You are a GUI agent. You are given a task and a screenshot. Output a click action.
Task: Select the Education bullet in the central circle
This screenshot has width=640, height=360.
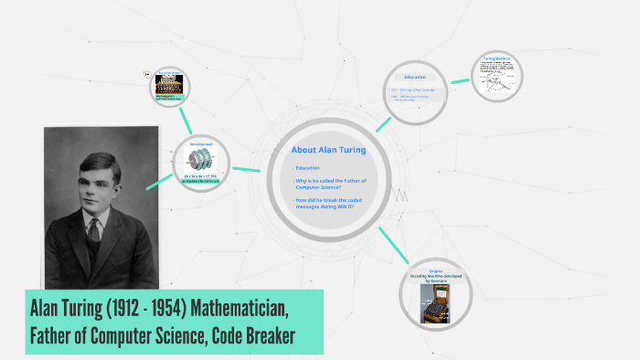pyautogui.click(x=307, y=168)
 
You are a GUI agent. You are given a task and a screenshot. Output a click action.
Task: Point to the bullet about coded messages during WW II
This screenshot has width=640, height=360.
pyautogui.click(x=325, y=204)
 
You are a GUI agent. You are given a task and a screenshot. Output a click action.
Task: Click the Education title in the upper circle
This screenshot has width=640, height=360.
pyautogui.click(x=414, y=77)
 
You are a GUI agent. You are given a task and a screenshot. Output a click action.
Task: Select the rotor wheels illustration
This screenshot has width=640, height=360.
pyautogui.click(x=200, y=161)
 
